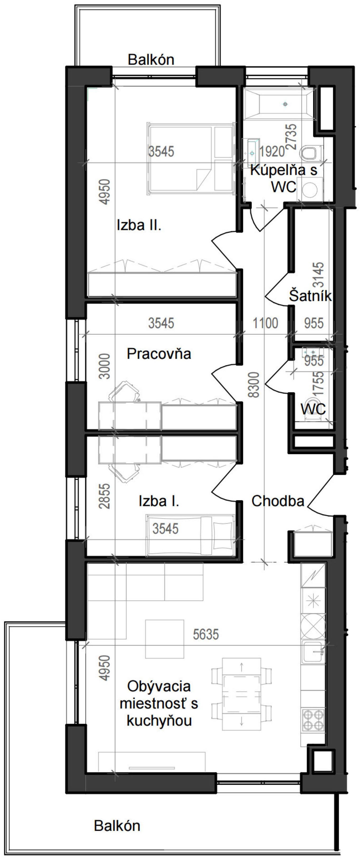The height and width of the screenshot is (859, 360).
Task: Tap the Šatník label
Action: point(310,296)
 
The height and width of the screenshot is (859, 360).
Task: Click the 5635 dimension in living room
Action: point(206,634)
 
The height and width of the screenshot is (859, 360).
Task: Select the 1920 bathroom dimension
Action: point(272,152)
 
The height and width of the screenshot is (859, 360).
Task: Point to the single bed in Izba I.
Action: point(190,535)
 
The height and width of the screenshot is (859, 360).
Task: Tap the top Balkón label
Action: point(151,60)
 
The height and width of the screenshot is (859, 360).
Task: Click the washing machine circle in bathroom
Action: point(310,190)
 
